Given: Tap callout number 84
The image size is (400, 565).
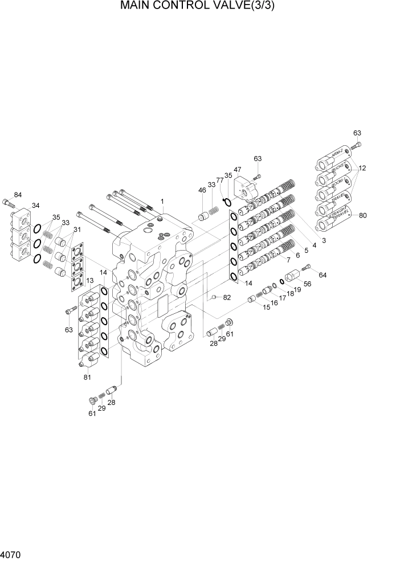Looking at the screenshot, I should tap(18, 195).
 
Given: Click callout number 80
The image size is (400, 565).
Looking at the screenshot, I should tap(362, 215).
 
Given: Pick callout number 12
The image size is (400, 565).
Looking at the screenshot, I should tap(362, 168).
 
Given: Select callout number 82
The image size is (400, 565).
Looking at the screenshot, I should tap(227, 297).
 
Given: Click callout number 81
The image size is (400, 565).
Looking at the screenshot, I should tap(87, 376).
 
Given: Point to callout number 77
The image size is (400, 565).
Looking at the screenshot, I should tap(220, 180).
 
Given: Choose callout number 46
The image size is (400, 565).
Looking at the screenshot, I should tap(202, 190).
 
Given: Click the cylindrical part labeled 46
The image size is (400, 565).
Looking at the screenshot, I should tap(204, 216).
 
